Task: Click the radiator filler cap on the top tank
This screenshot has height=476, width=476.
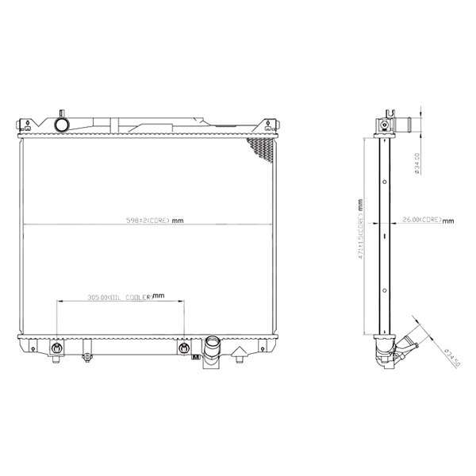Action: (60, 125)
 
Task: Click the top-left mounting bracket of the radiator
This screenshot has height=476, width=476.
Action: (26, 125)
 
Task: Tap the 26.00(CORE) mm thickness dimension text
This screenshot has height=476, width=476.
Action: (421, 220)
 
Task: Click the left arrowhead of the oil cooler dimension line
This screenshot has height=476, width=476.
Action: (59, 301)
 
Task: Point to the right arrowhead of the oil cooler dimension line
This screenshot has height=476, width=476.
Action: (182, 301)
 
